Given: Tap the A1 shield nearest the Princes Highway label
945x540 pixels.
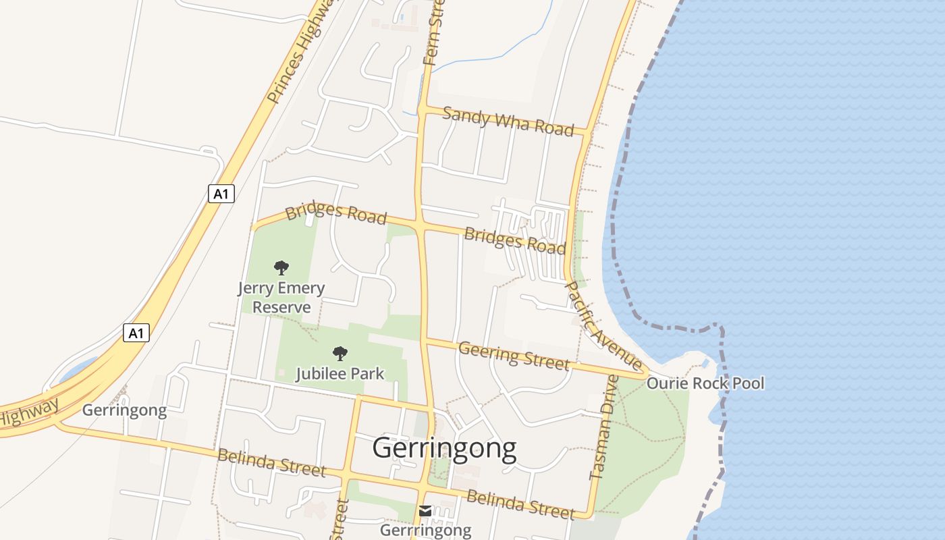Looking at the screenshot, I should [221, 194].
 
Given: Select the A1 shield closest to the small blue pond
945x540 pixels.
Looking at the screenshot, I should [136, 333].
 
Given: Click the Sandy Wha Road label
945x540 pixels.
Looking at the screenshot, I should [508, 122].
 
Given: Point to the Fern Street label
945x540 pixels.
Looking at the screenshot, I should [433, 34].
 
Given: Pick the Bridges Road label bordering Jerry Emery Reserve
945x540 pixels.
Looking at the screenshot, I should [336, 213].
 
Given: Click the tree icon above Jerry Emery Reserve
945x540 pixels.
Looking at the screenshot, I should [281, 268].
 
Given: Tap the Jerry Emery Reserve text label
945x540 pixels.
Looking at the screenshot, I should [281, 298].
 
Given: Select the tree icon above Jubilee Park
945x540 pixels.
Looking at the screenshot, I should [340, 353].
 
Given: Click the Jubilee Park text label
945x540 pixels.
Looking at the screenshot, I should [340, 373].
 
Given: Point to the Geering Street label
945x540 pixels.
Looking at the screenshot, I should [514, 356].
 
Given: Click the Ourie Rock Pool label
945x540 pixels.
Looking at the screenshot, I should [705, 383].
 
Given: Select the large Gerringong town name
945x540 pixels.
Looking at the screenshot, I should [444, 448].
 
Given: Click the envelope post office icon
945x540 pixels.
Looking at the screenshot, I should [425, 511].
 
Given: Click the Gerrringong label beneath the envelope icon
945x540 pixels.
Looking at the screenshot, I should [425, 530].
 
